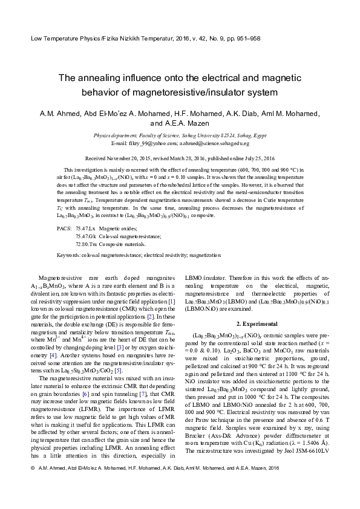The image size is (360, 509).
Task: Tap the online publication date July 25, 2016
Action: (257, 157)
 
